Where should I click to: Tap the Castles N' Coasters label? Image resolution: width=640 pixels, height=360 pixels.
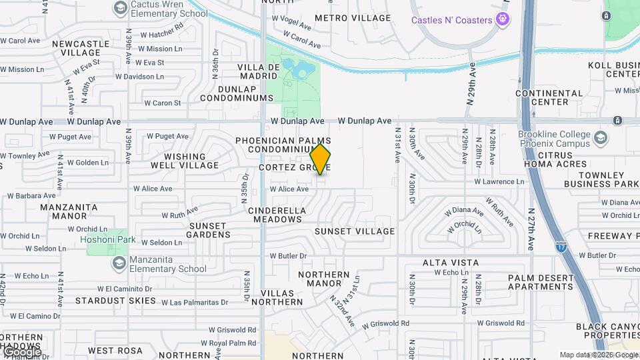[x=451, y=20]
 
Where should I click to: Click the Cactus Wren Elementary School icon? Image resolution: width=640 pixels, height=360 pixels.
[x=121, y=8]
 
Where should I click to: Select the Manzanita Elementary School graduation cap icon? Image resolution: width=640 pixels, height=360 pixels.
[x=119, y=263]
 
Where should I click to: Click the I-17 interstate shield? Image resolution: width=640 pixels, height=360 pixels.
[x=561, y=246]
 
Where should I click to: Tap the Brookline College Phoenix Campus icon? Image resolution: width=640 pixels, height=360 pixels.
[x=601, y=138]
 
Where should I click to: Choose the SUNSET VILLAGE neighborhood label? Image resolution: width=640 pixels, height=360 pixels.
[x=355, y=231]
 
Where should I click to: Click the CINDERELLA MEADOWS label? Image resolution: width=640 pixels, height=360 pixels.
[x=277, y=215]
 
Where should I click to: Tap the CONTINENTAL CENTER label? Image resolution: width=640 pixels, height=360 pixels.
[x=549, y=97]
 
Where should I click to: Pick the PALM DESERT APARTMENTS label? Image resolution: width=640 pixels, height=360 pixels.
[x=541, y=282]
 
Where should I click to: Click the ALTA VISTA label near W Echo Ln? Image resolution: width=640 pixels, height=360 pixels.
[x=450, y=263]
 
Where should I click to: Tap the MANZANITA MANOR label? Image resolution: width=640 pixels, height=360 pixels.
[x=69, y=211]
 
